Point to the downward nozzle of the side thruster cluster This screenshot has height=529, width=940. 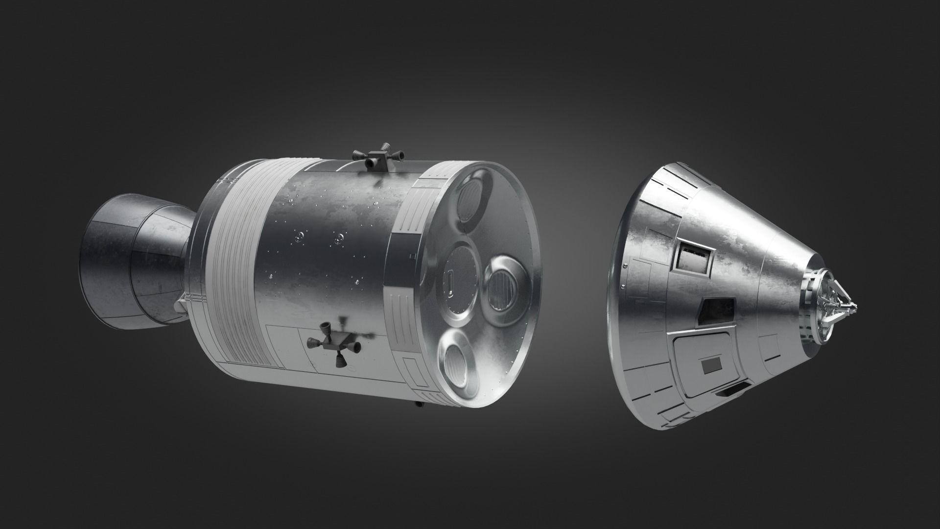(338, 361)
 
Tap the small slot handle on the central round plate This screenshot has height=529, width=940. (448, 285)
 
